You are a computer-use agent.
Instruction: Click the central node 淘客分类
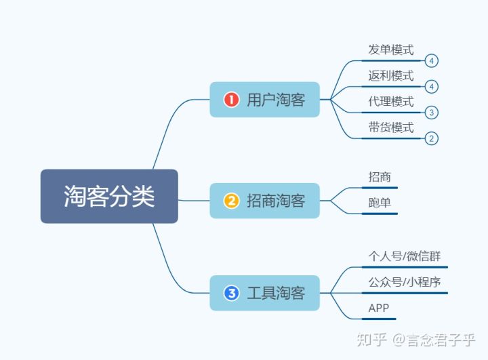pos(109,196)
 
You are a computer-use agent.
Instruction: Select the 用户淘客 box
pos(265,100)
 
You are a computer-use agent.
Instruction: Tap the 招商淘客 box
pos(265,201)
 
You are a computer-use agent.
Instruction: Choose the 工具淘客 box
pos(265,293)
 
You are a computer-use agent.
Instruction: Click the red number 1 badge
pos(231,100)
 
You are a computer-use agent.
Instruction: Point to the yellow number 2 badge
pos(231,201)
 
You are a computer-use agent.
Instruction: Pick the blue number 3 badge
pos(231,293)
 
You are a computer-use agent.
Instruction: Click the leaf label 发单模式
pos(391,49)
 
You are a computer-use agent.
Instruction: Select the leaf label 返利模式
pos(391,76)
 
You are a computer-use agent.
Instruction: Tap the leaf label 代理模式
pos(391,102)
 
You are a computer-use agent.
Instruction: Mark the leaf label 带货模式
pos(391,127)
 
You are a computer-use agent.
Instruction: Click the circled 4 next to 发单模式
pos(431,61)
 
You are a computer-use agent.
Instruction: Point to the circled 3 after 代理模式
pos(431,113)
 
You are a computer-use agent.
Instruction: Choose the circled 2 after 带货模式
pos(431,138)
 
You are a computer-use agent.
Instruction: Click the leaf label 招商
pos(380,177)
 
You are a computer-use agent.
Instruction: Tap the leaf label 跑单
pos(380,203)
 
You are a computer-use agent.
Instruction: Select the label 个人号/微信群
pos(405,256)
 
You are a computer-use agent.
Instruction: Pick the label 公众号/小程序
pos(405,282)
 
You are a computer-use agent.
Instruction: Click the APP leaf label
pos(378,308)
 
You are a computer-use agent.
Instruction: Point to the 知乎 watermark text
pos(371,340)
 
